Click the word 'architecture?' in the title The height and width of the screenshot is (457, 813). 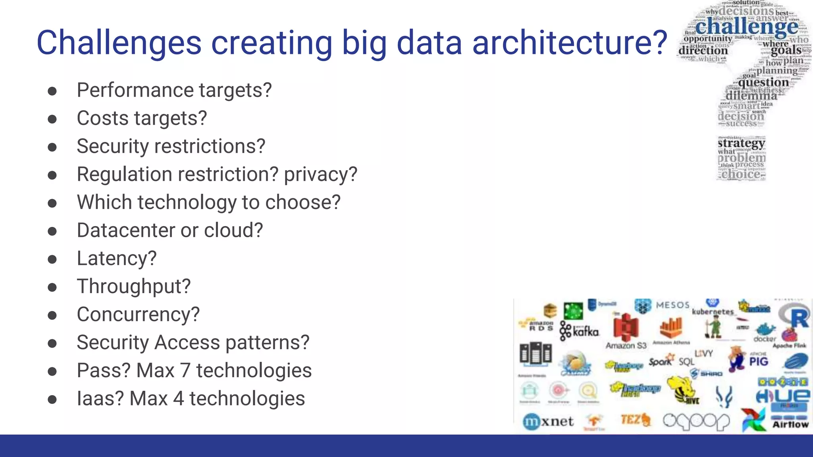(x=570, y=43)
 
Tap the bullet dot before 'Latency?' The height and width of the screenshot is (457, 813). (x=52, y=259)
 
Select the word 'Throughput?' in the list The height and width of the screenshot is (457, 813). (x=134, y=286)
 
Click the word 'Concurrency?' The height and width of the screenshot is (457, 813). (x=138, y=315)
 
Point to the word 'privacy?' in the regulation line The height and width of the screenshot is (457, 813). (x=320, y=175)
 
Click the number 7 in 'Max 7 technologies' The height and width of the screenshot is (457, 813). (x=185, y=371)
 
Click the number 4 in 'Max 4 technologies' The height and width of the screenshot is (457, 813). (x=179, y=399)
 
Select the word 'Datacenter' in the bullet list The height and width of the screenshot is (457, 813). (x=125, y=230)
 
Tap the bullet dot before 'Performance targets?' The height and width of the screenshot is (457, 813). (x=52, y=91)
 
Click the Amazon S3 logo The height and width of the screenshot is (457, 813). (x=626, y=331)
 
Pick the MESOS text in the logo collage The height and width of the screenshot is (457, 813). (x=672, y=305)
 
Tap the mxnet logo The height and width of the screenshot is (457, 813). (x=548, y=421)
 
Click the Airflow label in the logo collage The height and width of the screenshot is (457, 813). (x=790, y=424)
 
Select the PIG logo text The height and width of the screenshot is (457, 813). (x=759, y=361)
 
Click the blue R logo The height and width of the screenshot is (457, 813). (x=798, y=317)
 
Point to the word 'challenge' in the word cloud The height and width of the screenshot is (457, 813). (x=746, y=27)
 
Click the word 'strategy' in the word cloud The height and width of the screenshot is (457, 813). (x=741, y=143)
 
